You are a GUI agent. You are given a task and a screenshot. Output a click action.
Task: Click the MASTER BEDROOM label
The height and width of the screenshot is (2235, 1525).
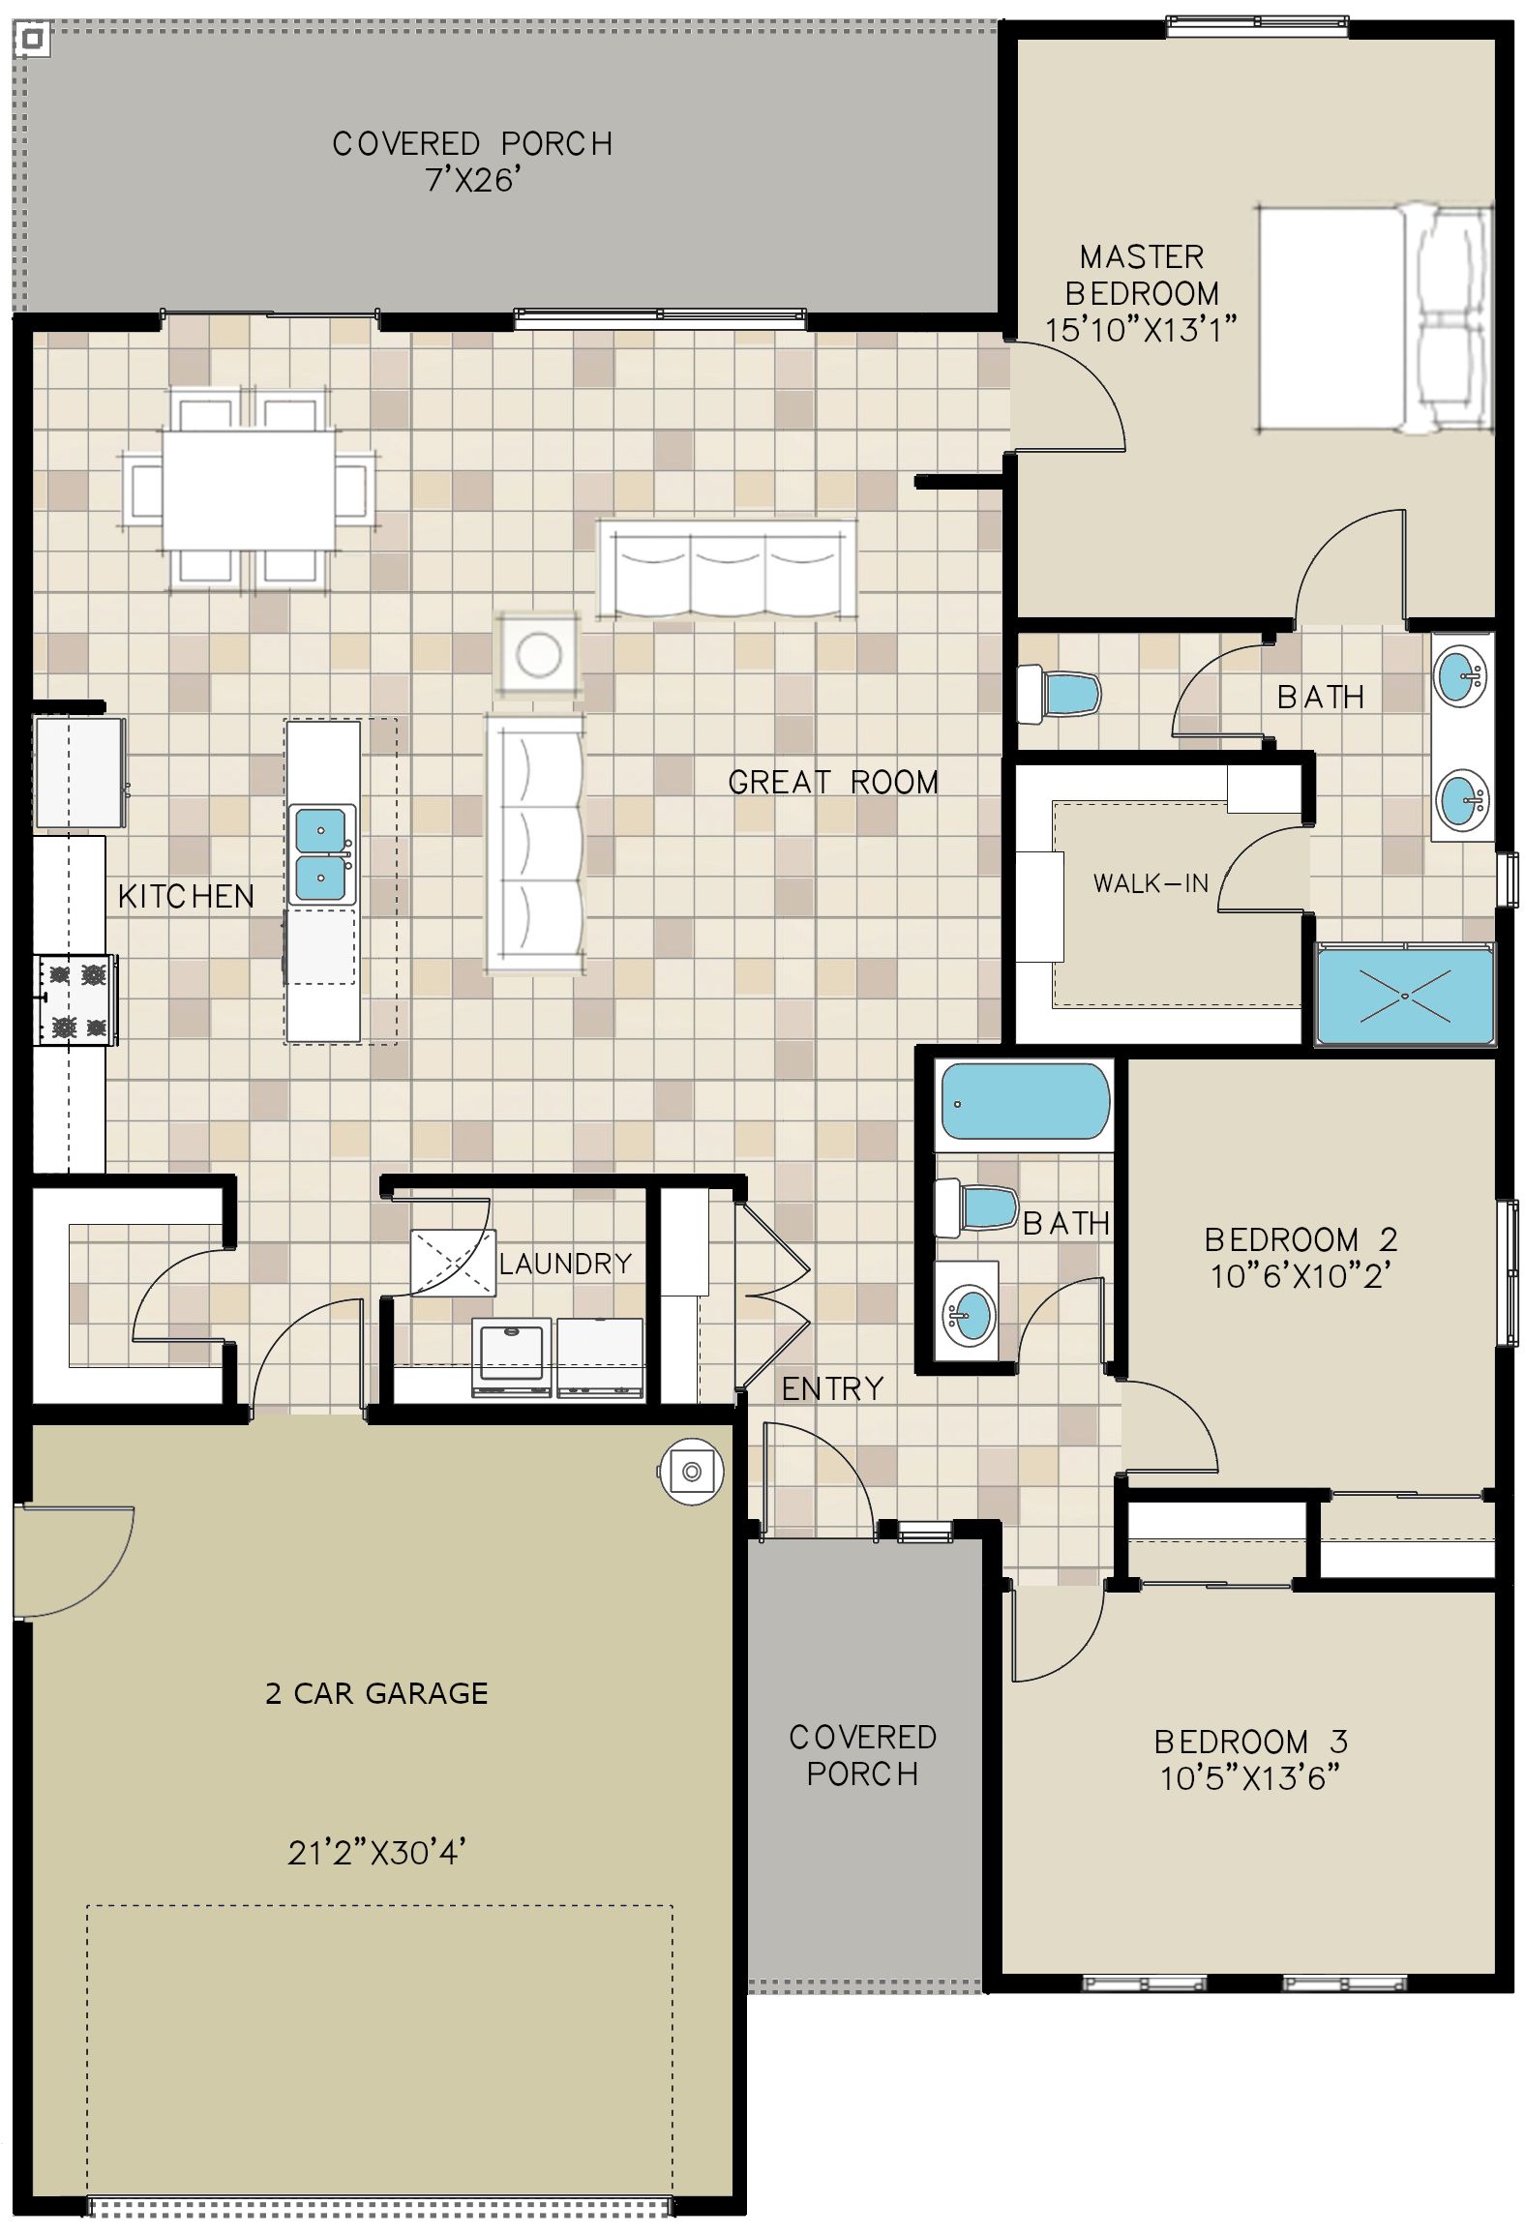pyautogui.click(x=1142, y=275)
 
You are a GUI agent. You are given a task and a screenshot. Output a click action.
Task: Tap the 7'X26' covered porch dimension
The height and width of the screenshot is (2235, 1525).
pyautogui.click(x=473, y=180)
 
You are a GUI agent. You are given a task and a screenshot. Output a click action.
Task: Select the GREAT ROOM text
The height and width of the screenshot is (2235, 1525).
pyautogui.click(x=833, y=782)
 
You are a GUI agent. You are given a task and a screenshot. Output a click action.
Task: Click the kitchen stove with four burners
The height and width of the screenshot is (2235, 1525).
pyautogui.click(x=76, y=999)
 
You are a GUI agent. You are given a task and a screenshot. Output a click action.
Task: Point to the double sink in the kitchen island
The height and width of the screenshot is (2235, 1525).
pyautogui.click(x=321, y=853)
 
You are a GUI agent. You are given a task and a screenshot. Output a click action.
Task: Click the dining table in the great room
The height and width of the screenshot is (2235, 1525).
pyautogui.click(x=249, y=489)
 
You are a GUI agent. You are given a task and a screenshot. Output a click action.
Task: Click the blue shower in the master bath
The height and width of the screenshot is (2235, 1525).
pyautogui.click(x=1405, y=995)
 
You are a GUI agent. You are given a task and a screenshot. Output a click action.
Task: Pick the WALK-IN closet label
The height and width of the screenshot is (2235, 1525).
pyautogui.click(x=1151, y=882)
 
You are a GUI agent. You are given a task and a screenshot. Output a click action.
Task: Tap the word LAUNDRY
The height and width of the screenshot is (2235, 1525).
pyautogui.click(x=565, y=1263)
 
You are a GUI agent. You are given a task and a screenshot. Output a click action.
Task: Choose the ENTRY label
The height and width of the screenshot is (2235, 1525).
pyautogui.click(x=832, y=1388)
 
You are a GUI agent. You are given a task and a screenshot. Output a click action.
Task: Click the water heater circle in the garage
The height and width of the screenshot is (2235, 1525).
pyautogui.click(x=691, y=1472)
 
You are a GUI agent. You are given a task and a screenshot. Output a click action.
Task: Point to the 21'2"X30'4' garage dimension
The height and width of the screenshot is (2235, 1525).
pyautogui.click(x=377, y=1852)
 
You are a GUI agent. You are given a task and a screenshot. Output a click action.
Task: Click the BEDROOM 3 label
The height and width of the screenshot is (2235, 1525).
pyautogui.click(x=1250, y=1742)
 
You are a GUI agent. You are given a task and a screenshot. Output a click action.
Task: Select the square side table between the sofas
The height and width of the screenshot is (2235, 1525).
pyautogui.click(x=538, y=655)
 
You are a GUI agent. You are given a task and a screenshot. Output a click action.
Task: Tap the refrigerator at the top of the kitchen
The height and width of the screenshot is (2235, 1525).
pyautogui.click(x=79, y=772)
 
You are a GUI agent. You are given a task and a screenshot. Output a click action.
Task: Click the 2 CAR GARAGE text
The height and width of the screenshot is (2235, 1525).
pyautogui.click(x=376, y=1692)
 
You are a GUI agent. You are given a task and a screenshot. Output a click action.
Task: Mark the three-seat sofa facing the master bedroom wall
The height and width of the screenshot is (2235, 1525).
pyautogui.click(x=726, y=569)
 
